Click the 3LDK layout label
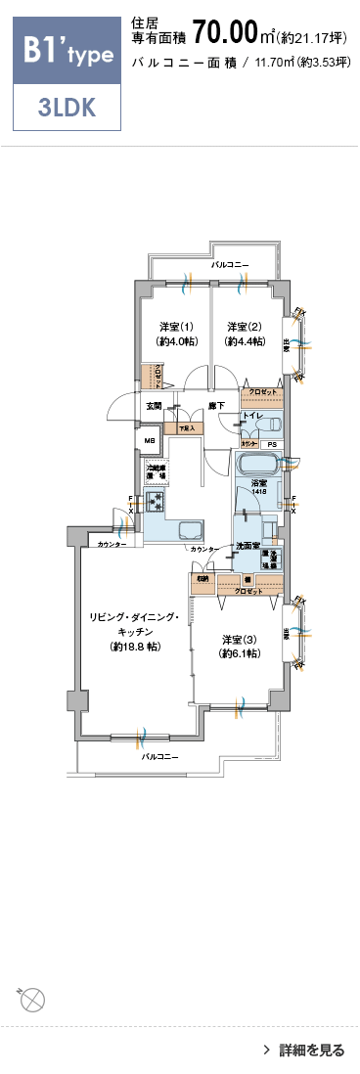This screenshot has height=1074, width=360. coord(67,108)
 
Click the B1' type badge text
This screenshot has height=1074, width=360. coord(66,53)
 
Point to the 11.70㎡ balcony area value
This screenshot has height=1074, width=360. coord(276,63)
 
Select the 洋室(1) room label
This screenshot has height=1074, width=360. coord(177,327)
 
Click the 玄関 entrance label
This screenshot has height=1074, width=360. coord(155,406)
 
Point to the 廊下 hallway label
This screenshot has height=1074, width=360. coord(217,406)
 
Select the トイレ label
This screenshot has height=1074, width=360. coord(251,417)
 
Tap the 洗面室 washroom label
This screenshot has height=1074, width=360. coord(247,545)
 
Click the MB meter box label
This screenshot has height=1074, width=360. coord(150,440)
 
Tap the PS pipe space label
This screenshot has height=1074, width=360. coord(271,445)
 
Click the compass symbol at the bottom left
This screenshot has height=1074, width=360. coord(32,1000)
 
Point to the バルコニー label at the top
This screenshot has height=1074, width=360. coord(230,265)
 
